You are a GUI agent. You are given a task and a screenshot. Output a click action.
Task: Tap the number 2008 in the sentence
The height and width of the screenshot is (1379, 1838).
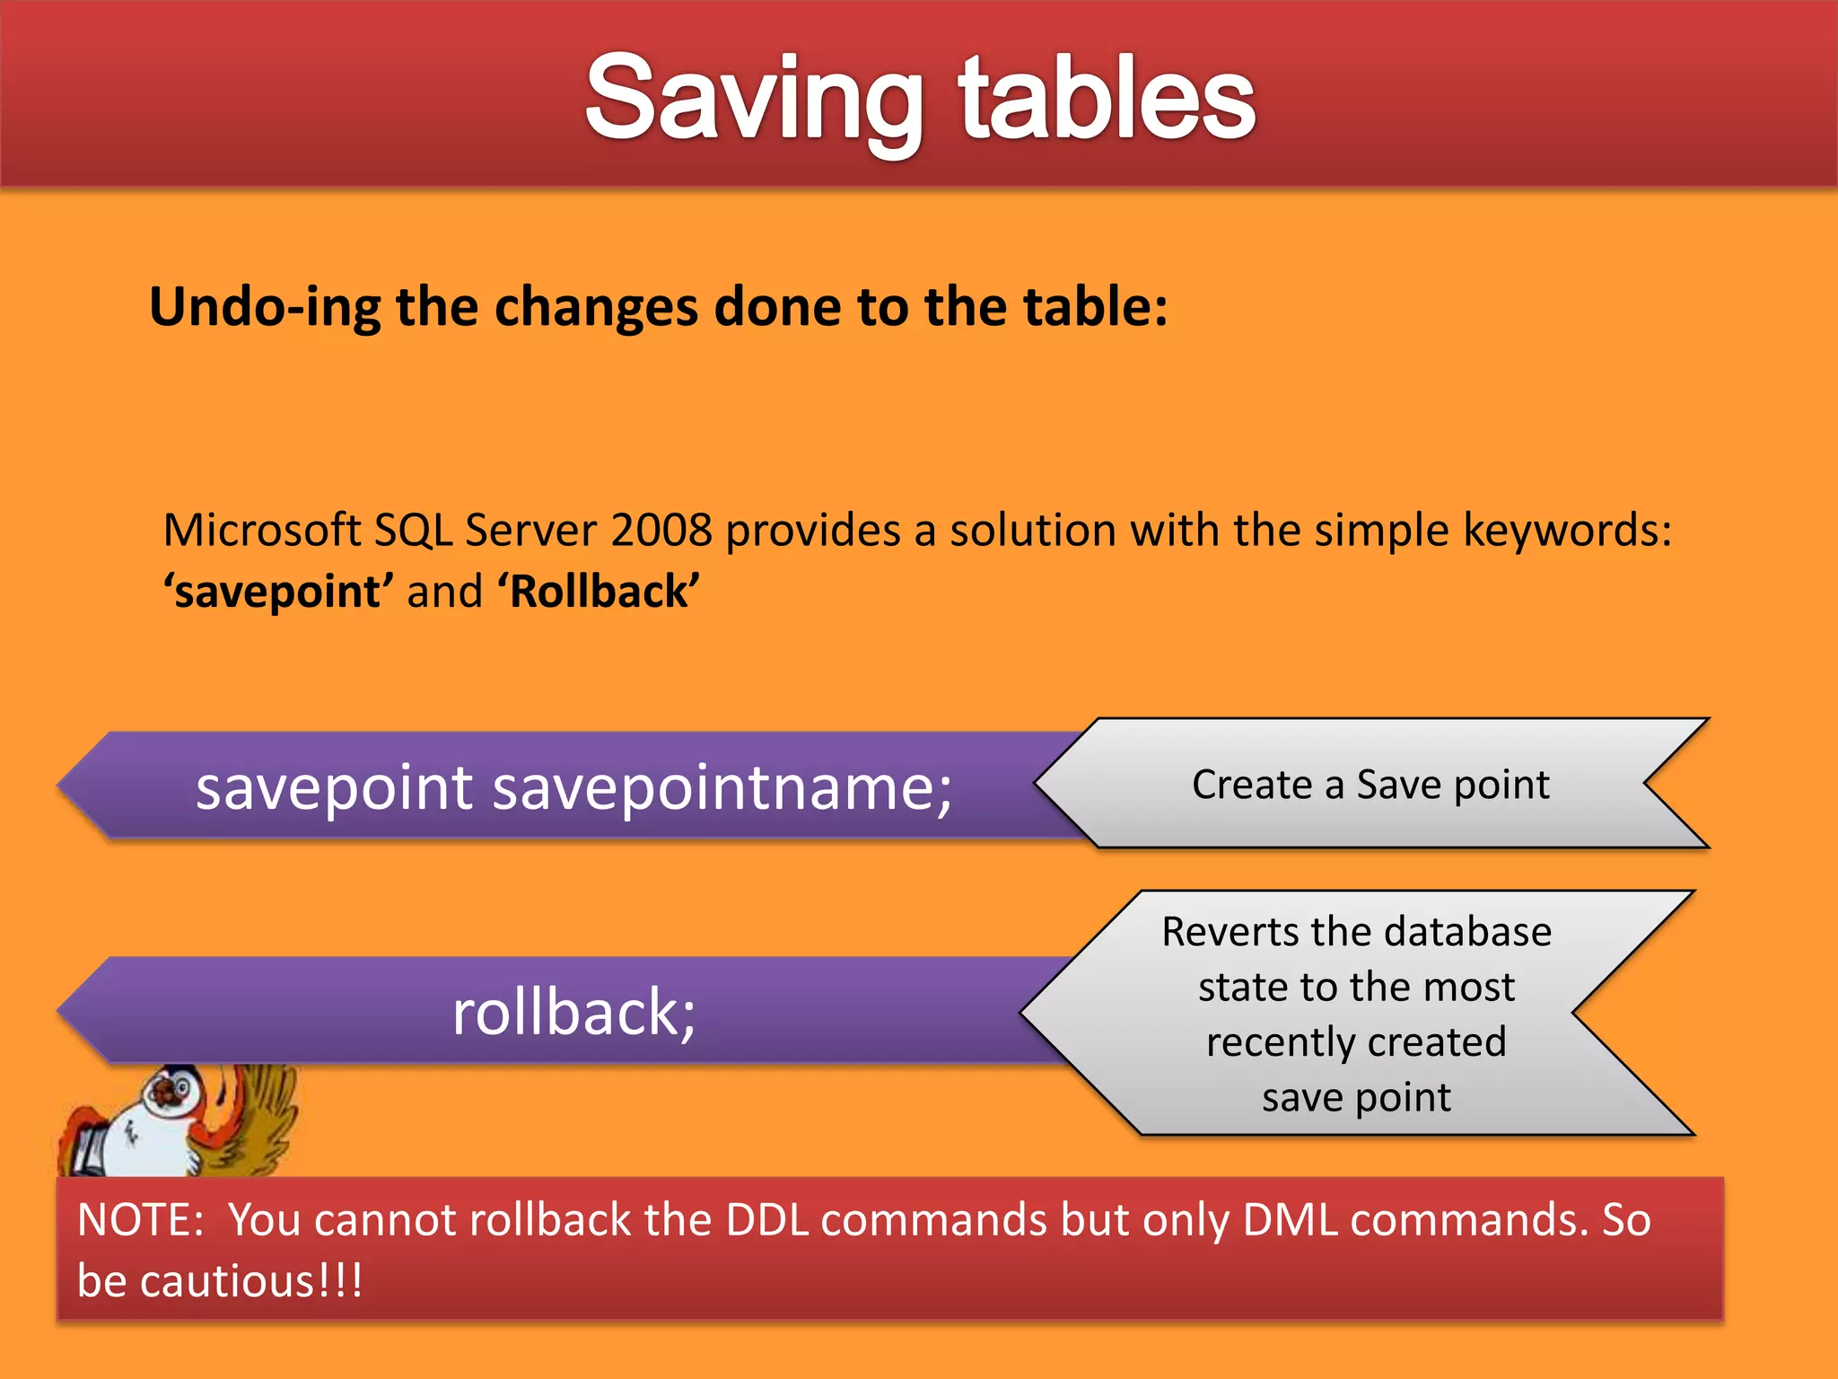point(661,530)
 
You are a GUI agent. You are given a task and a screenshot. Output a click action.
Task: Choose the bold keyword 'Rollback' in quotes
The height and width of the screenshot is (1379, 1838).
point(599,592)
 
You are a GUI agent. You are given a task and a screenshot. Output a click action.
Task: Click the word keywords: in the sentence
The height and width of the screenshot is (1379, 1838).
point(1567,530)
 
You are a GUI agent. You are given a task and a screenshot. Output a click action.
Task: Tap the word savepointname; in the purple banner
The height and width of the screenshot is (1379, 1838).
point(722,787)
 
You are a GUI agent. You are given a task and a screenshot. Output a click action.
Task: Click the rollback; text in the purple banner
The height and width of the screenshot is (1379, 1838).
point(573,1012)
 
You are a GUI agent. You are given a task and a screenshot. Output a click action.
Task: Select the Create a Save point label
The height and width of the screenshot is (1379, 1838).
point(1370,785)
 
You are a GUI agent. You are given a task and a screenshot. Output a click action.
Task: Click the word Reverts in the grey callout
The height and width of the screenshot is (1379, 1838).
point(1230,932)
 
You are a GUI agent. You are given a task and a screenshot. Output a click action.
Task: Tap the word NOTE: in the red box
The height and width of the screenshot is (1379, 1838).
point(141,1220)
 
